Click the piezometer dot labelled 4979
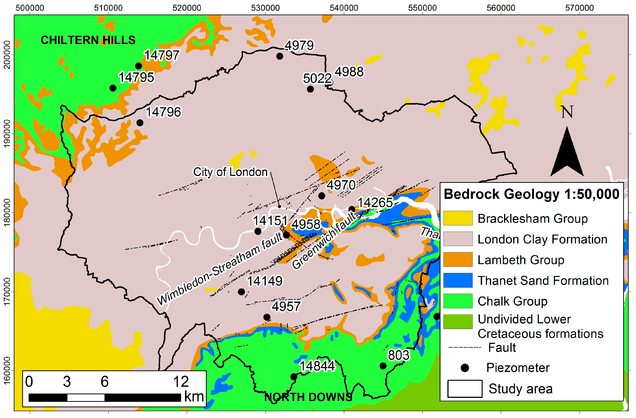(x=280, y=56)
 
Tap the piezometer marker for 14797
(x=138, y=66)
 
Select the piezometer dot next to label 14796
(x=140, y=123)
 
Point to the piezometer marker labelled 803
(x=383, y=366)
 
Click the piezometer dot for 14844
(x=294, y=377)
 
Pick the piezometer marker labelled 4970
(x=322, y=196)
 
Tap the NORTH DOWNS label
(x=308, y=397)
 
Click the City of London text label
(x=230, y=172)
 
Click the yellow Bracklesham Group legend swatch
(x=458, y=218)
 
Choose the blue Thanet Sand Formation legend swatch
(x=458, y=280)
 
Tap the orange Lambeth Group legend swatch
(x=458, y=260)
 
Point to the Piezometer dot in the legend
(x=465, y=368)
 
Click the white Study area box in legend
(x=465, y=389)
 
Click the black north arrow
(x=567, y=152)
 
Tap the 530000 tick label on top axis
(x=265, y=8)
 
